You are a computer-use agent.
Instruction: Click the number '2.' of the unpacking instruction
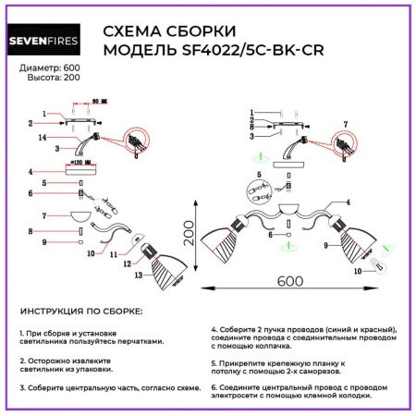pos(21,361)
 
